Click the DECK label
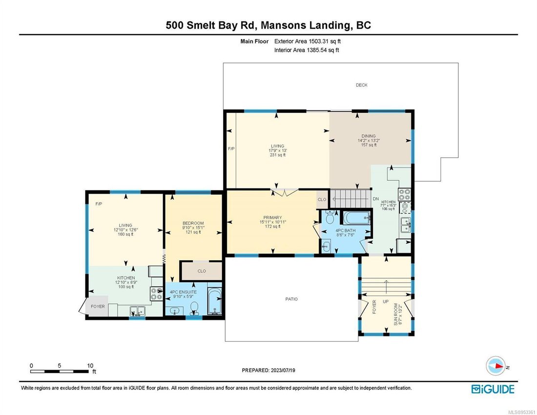tap(361, 85)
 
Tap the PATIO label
tap(291, 299)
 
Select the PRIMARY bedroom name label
tap(272, 218)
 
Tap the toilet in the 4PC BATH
tap(329, 215)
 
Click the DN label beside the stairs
tap(375, 199)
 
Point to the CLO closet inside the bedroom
tap(201, 270)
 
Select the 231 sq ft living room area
tap(278, 155)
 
